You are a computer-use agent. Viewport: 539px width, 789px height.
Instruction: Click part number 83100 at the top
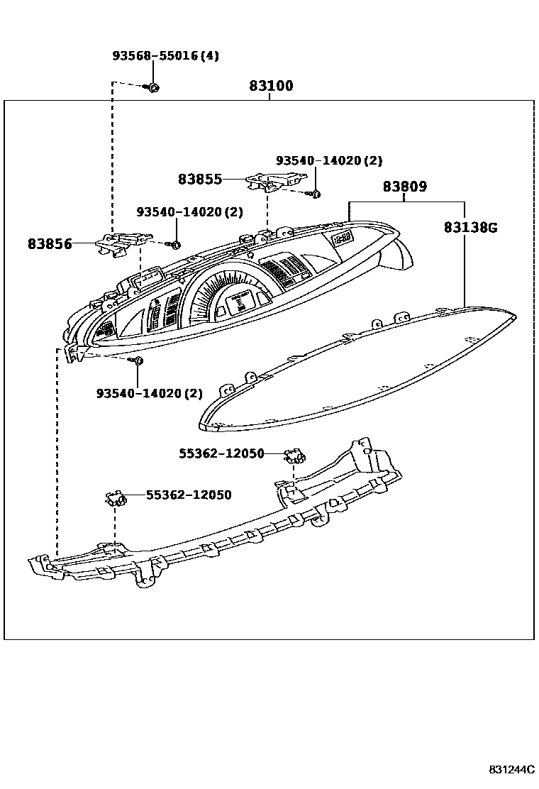coord(271,87)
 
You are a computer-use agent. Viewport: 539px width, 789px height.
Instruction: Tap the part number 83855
coord(200,180)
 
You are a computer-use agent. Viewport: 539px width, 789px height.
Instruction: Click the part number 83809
coord(405,187)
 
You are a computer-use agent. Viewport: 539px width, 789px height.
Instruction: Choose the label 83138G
coord(470,228)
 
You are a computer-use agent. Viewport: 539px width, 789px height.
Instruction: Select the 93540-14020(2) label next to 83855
coord(329,161)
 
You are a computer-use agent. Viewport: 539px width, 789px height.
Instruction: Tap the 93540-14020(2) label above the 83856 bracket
coord(189,212)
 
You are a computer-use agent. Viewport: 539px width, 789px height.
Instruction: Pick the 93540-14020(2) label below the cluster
coord(150,393)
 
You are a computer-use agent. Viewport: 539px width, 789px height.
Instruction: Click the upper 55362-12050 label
coord(221,453)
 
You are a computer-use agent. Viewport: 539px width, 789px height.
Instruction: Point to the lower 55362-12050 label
coord(189,495)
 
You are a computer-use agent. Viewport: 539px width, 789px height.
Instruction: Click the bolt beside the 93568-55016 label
coord(152,87)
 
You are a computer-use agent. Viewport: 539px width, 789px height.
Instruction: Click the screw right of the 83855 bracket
coord(316,194)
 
